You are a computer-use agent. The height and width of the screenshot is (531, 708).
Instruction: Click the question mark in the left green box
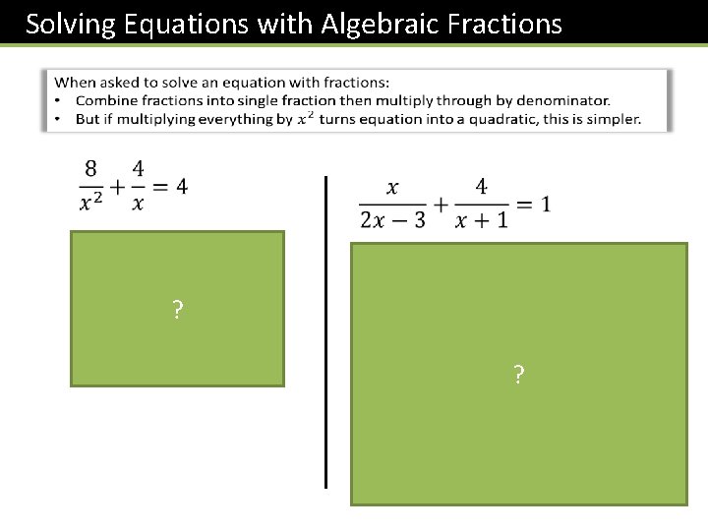[176, 312]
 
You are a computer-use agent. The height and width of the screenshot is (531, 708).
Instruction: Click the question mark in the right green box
[518, 374]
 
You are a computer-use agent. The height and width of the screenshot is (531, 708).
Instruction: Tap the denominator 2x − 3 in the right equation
[393, 219]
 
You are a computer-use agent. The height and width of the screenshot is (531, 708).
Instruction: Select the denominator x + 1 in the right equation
[482, 219]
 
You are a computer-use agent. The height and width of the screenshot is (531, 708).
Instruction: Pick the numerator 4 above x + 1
[482, 186]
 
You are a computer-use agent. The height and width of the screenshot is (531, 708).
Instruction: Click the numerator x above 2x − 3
[393, 187]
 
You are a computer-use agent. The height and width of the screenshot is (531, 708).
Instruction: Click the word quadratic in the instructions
[504, 119]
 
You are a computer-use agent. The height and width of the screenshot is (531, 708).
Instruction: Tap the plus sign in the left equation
[118, 186]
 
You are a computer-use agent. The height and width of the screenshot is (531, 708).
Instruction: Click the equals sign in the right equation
[523, 205]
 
